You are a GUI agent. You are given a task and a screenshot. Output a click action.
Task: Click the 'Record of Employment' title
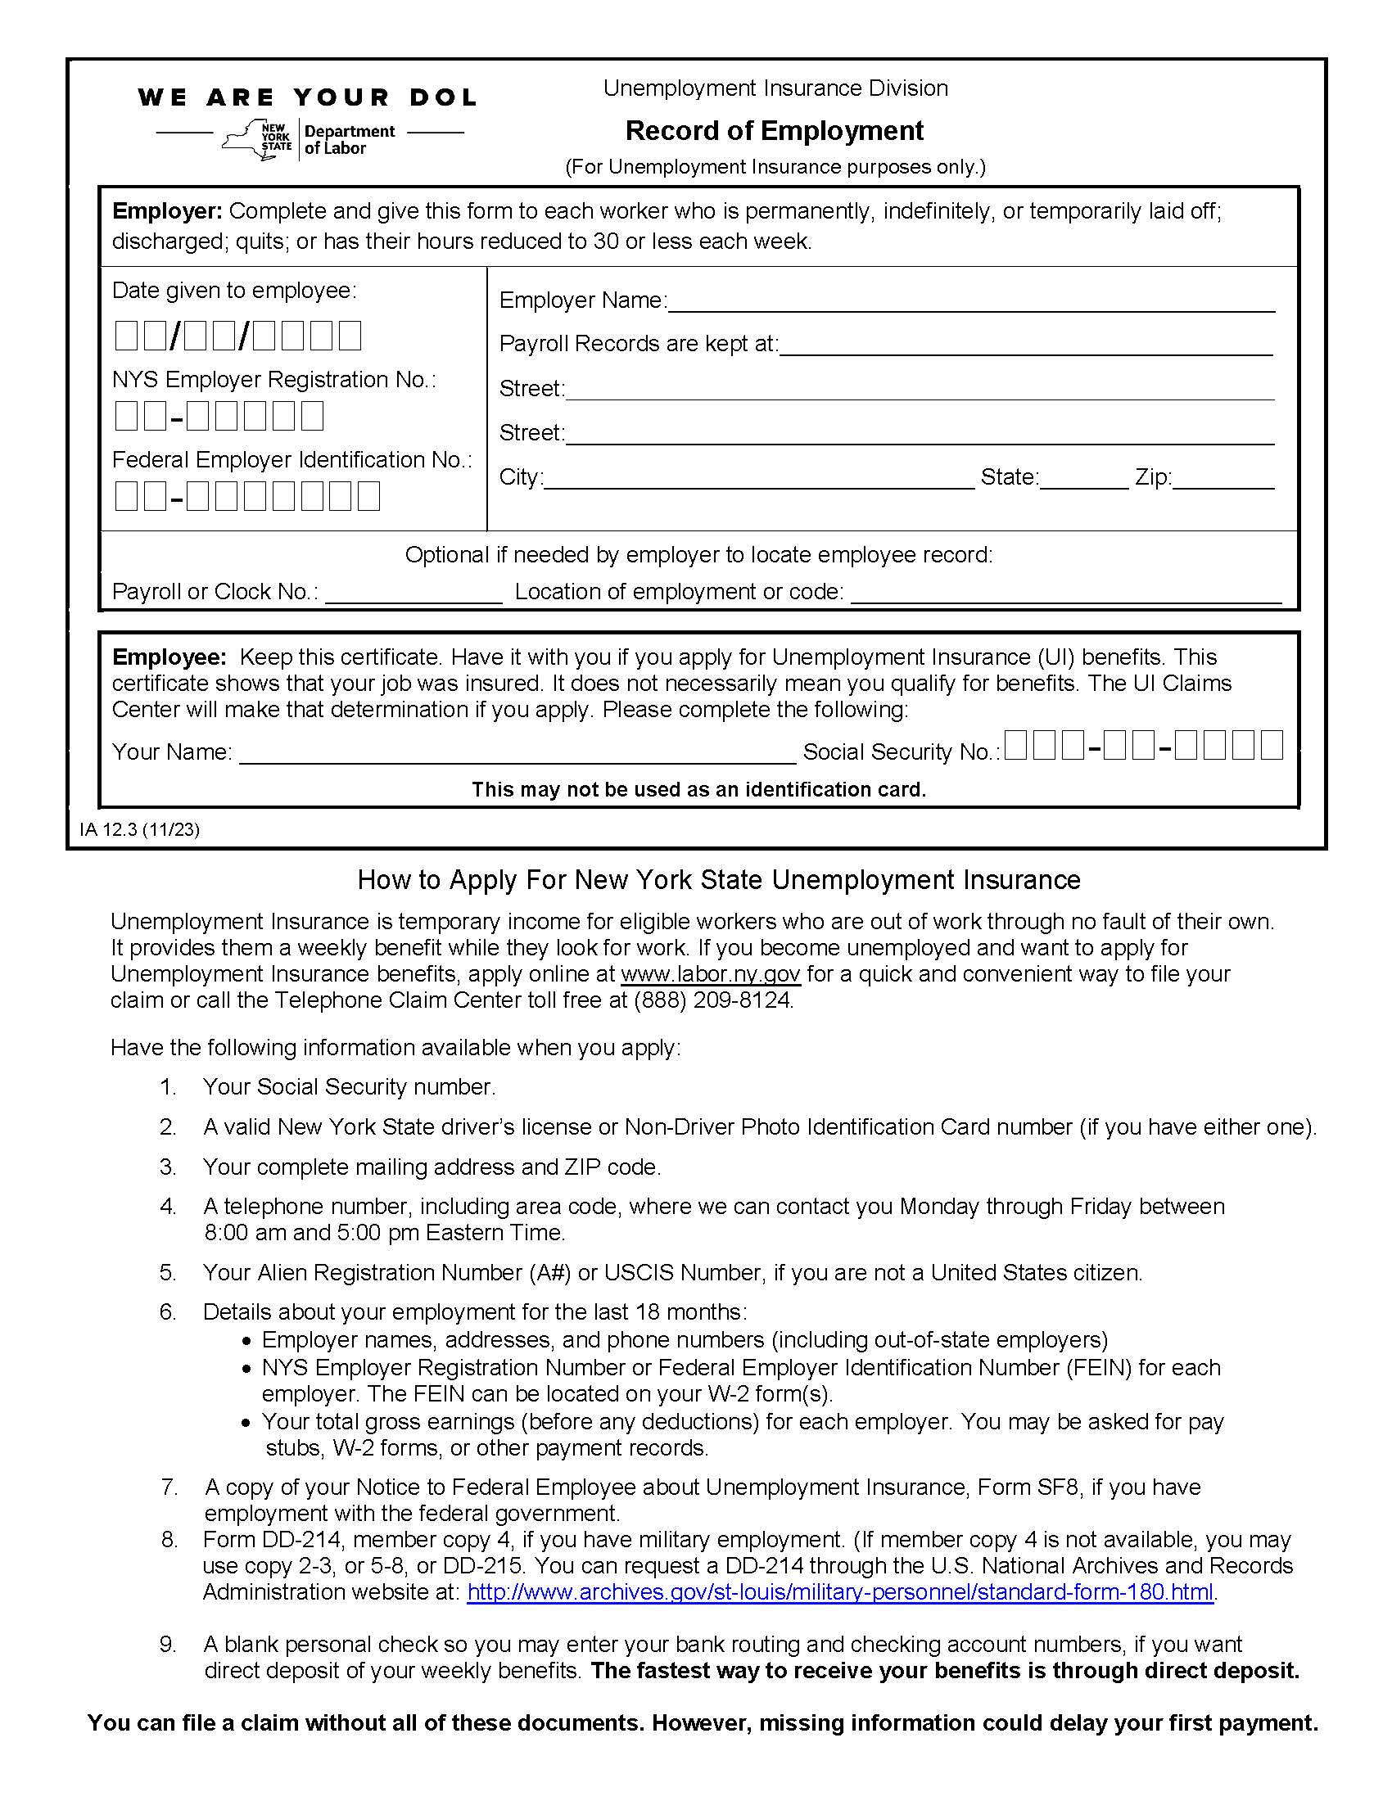[775, 130]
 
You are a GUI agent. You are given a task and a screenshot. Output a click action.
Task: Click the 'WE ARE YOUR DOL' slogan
[308, 97]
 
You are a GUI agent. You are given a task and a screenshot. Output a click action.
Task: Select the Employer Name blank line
[970, 303]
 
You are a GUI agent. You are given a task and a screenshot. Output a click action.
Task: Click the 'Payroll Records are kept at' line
[1026, 346]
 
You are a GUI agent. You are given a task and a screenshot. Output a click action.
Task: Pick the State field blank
[1083, 480]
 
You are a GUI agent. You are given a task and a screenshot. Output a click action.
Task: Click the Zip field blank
[1223, 480]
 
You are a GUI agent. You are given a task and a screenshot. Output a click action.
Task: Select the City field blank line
[759, 480]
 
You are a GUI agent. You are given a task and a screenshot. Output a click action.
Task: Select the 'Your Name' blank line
[517, 754]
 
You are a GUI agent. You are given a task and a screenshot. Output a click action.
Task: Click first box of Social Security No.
[1015, 746]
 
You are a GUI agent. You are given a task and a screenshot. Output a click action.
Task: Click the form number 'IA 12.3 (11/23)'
[139, 829]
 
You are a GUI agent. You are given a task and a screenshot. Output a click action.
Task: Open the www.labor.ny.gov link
[710, 974]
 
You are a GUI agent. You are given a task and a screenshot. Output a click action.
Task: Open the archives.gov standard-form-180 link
[839, 1591]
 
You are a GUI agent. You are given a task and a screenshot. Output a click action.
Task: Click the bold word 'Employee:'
[168, 657]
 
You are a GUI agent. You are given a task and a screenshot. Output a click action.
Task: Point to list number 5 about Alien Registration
[168, 1272]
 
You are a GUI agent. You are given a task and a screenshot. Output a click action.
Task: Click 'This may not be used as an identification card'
[698, 790]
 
